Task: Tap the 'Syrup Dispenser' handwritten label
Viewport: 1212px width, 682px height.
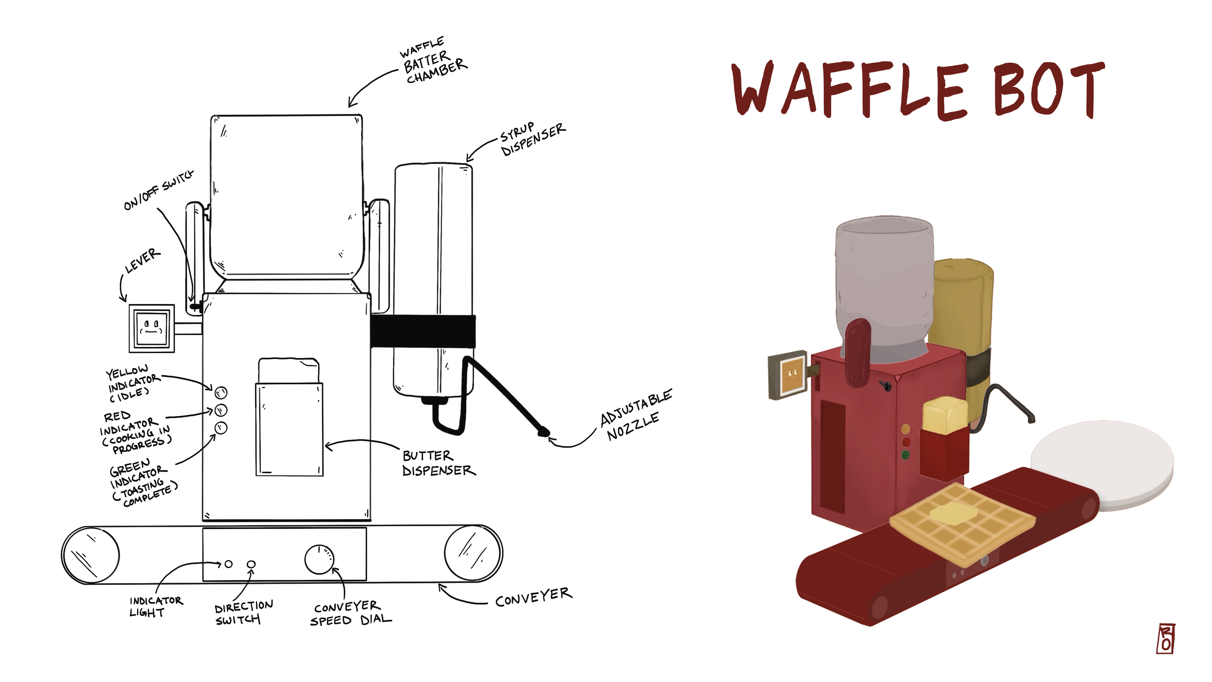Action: [x=532, y=139]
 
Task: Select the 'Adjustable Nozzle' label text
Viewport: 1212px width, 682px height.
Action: [x=636, y=415]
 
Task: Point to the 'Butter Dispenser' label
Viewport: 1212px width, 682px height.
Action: [x=439, y=463]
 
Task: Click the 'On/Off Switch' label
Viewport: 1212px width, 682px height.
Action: [x=159, y=190]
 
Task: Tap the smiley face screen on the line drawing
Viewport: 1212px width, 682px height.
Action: [x=152, y=328]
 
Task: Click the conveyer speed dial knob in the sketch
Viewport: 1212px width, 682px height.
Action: [x=319, y=559]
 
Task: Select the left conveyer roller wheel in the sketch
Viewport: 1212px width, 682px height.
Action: [x=91, y=554]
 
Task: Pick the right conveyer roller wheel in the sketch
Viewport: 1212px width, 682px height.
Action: [x=473, y=553]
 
